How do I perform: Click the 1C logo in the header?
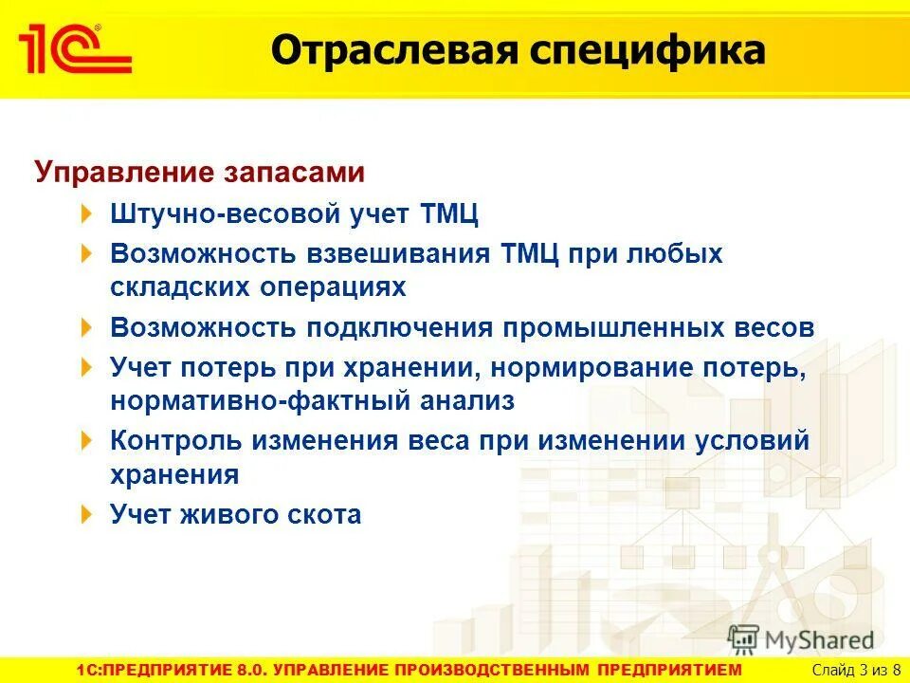(x=73, y=48)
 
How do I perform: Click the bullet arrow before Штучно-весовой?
(x=87, y=213)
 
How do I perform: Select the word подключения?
(x=399, y=328)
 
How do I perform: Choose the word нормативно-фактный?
(x=253, y=400)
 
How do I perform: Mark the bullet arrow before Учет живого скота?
(x=87, y=514)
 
